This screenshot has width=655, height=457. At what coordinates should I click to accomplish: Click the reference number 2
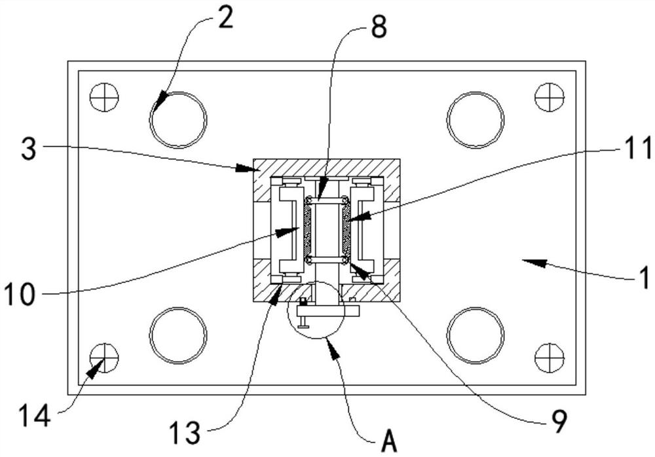pos(226,18)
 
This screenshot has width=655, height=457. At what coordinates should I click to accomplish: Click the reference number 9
pos(559,421)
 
